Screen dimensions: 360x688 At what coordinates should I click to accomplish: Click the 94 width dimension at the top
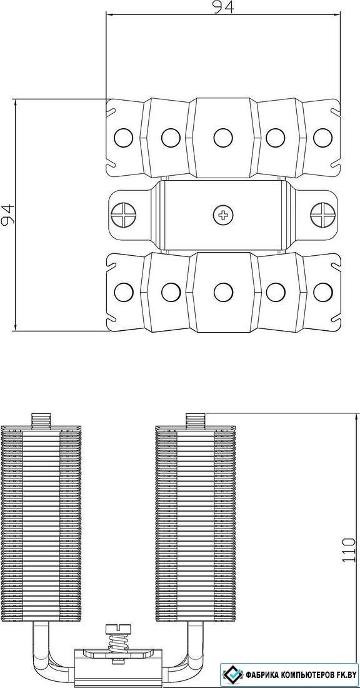pyautogui.click(x=223, y=8)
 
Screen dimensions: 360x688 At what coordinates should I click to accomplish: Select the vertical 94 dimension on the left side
pyautogui.click(x=7, y=215)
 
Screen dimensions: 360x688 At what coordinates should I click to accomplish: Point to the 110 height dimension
pyautogui.click(x=349, y=549)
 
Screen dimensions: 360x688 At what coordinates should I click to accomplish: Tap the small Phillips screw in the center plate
pyautogui.click(x=223, y=215)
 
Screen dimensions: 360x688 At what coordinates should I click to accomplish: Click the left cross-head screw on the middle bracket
pyautogui.click(x=124, y=215)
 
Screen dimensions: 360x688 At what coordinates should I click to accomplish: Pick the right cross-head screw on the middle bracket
pyautogui.click(x=323, y=215)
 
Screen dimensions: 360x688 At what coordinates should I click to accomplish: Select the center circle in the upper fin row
pyautogui.click(x=223, y=138)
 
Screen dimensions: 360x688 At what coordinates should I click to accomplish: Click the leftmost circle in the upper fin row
pyautogui.click(x=123, y=138)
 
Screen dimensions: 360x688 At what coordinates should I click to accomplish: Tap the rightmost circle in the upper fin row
pyautogui.click(x=322, y=138)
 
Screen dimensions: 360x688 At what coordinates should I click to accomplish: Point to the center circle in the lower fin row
pyautogui.click(x=223, y=292)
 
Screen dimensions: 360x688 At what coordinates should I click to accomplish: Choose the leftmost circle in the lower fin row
pyautogui.click(x=123, y=292)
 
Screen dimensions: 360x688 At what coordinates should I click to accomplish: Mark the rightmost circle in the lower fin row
pyautogui.click(x=322, y=292)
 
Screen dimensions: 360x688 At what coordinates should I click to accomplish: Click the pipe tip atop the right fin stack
pyautogui.click(x=196, y=420)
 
